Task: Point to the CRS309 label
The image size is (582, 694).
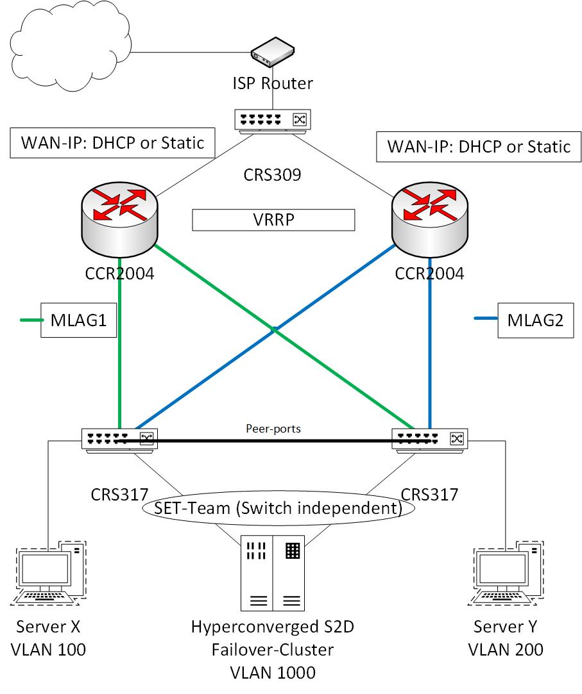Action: (x=273, y=174)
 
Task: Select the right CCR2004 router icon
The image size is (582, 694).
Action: (x=429, y=217)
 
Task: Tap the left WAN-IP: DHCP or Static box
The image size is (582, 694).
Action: (x=112, y=142)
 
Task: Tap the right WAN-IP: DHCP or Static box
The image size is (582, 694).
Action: (x=479, y=146)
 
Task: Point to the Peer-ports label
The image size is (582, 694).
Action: (x=274, y=428)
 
